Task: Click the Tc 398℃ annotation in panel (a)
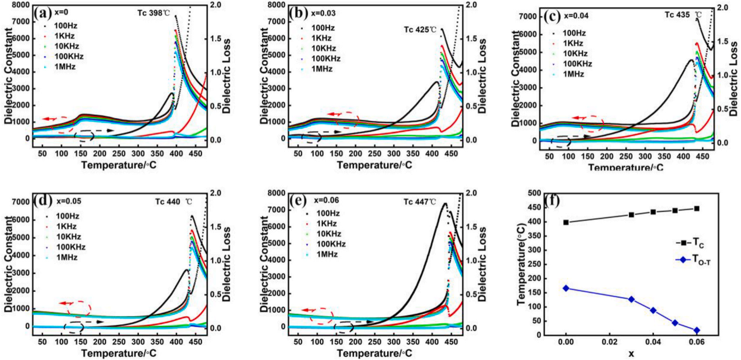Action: [154, 13]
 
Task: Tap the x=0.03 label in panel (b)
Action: [323, 13]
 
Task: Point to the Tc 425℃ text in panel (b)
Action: [420, 29]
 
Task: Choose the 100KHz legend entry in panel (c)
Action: [577, 64]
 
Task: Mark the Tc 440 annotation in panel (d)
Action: [173, 201]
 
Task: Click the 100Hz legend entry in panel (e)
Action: [327, 213]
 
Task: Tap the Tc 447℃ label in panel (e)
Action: [420, 201]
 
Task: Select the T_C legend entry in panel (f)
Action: [691, 243]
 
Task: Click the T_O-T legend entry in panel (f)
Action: [693, 260]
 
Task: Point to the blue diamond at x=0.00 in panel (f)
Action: [566, 288]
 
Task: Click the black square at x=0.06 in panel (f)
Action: [697, 209]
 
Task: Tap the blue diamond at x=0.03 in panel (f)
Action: [631, 299]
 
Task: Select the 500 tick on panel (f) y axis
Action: [534, 194]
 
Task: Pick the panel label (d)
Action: [42, 201]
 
